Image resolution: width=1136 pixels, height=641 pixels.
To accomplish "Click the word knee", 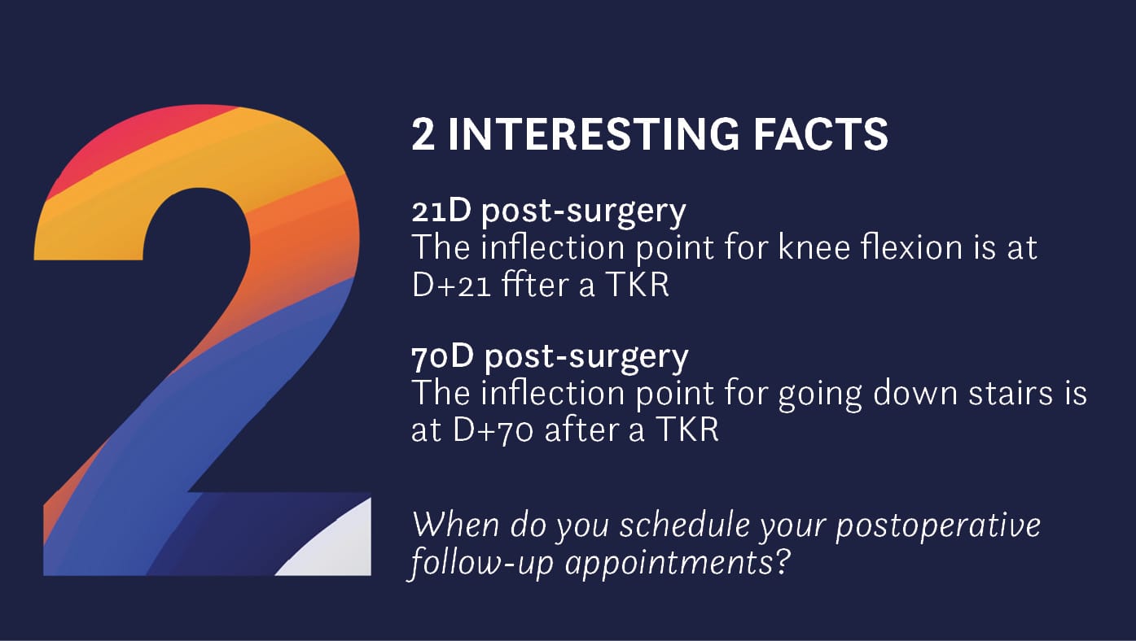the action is tap(814, 247).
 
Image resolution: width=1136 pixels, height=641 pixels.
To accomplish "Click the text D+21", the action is tap(451, 286).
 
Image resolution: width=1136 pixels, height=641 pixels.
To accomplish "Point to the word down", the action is tap(915, 393).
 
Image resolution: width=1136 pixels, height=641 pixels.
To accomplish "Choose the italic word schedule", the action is tap(685, 525).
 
